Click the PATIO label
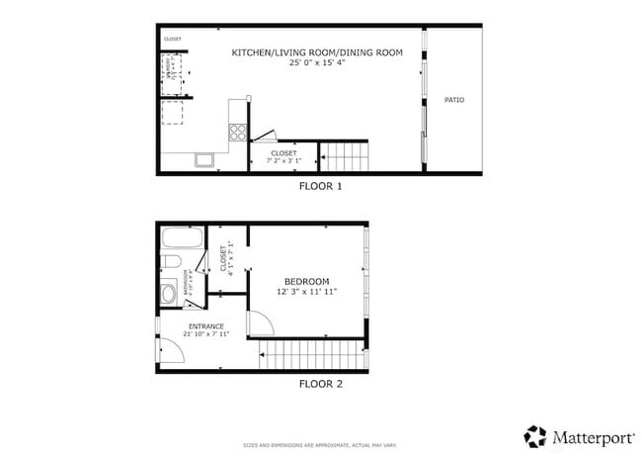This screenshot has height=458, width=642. point(453,100)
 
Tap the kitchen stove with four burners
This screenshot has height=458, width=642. point(238,133)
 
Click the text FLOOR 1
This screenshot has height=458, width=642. point(321,185)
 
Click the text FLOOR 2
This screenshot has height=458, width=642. point(321,383)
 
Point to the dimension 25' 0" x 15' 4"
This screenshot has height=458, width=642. point(317,63)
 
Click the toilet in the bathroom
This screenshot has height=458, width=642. point(171,262)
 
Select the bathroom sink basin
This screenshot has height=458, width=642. point(168,291)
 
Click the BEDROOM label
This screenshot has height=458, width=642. point(306,281)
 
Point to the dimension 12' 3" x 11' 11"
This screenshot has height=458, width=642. point(306,292)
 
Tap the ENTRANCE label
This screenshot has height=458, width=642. point(205,326)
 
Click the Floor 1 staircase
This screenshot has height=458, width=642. point(345,155)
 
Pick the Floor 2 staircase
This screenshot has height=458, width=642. point(310,354)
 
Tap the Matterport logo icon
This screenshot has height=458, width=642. point(534,435)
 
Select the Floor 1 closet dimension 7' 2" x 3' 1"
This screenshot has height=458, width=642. point(283,161)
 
